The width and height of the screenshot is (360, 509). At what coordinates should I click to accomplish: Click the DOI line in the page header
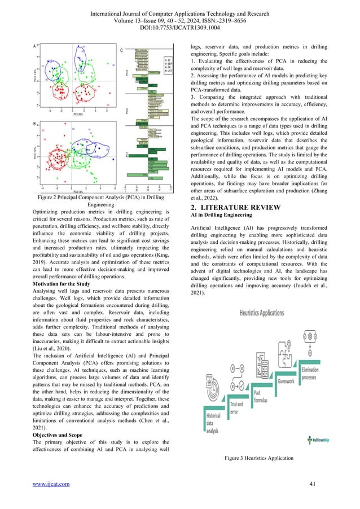[x=180, y=27]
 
